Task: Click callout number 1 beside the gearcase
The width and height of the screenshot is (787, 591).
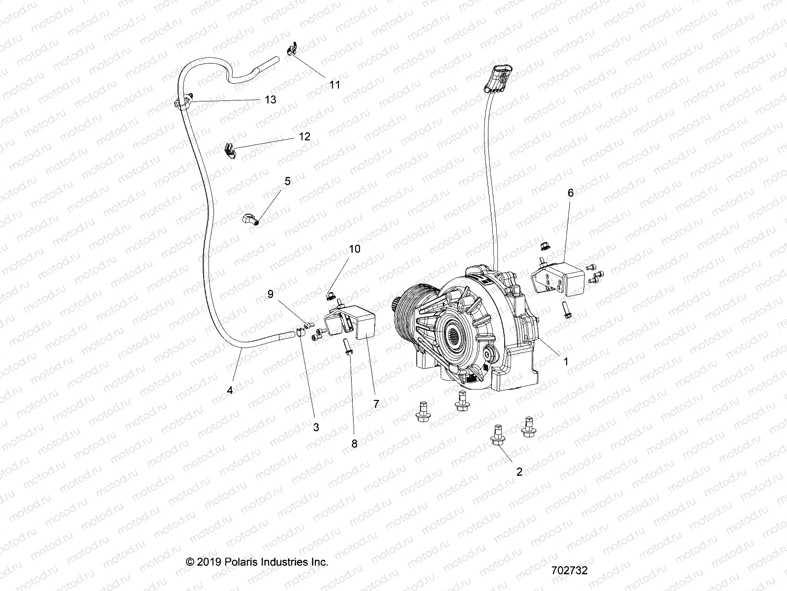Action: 566,361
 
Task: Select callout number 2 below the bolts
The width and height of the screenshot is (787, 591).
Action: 519,472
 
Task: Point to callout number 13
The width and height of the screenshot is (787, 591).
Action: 270,99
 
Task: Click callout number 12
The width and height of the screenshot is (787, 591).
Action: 304,136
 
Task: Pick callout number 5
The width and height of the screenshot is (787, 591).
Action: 287,181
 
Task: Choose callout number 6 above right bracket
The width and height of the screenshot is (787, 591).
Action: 571,193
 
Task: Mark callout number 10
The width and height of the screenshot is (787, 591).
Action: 355,249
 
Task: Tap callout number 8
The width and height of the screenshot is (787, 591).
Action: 354,443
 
